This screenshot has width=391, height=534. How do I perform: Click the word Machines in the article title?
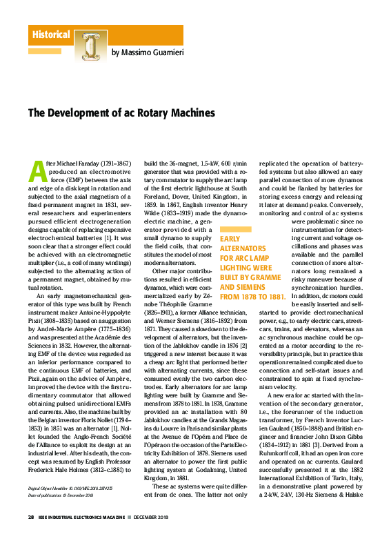pos(192,112)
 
